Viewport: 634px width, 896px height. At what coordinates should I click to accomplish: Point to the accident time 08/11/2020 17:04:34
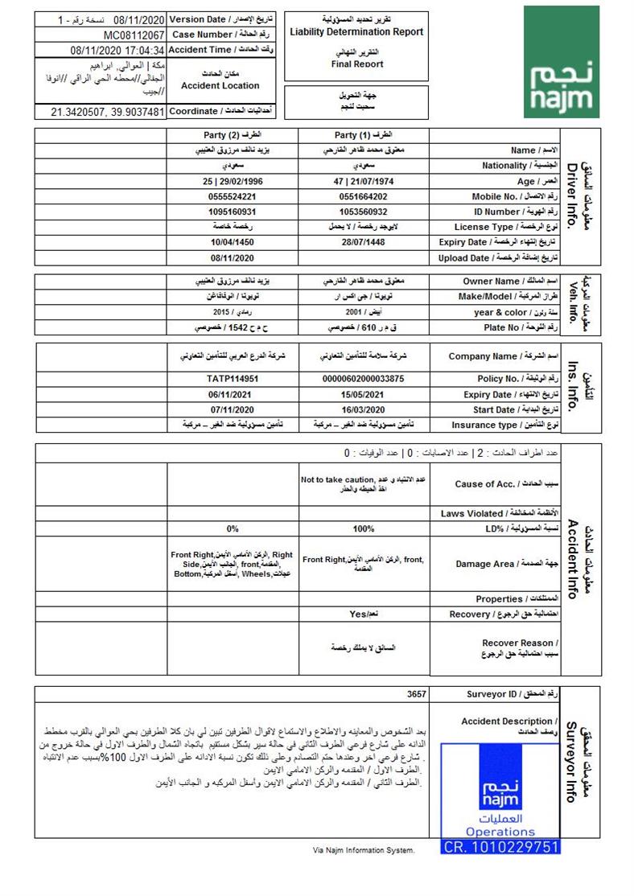117,50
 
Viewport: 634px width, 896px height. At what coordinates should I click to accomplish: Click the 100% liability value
364,529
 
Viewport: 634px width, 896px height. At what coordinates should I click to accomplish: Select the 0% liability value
233,529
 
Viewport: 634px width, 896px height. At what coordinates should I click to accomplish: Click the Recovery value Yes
359,614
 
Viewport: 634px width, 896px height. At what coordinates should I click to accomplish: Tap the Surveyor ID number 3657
416,693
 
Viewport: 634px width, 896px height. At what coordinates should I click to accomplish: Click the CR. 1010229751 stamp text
500,846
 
